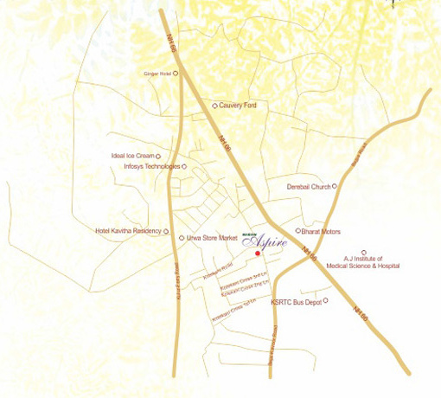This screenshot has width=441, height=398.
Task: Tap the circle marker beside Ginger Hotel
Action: [176, 74]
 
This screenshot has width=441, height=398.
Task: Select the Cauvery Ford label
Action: [238, 106]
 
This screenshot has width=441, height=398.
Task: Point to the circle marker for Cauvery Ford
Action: [214, 106]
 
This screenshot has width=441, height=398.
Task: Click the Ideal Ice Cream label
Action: [131, 157]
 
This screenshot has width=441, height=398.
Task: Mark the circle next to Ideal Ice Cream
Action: [158, 157]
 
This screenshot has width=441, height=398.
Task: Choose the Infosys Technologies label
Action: [152, 166]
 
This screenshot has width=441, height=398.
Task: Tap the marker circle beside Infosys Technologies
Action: [184, 166]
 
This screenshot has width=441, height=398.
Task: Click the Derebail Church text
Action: [309, 186]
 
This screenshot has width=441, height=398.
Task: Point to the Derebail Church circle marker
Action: [335, 186]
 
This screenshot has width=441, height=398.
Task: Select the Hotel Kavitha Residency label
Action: [128, 231]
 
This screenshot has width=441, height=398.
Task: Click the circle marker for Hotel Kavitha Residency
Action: [166, 231]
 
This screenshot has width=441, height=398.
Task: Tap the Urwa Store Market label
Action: [212, 237]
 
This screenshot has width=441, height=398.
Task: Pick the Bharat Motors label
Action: [321, 232]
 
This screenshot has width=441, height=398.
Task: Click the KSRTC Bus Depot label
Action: [295, 301]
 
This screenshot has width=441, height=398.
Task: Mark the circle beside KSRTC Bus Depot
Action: [325, 300]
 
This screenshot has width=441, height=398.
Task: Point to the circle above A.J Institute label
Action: [364, 252]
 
